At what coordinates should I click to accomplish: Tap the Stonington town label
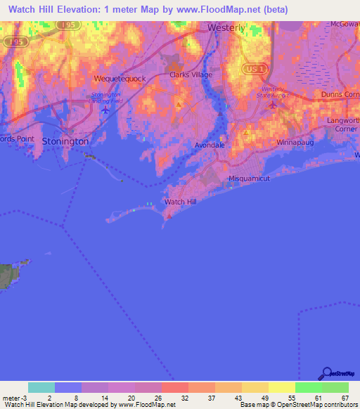coord(65,141)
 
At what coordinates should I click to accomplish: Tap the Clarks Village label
coord(191,74)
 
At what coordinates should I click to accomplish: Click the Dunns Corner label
coord(340,93)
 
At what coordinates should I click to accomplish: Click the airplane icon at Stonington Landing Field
coord(105,109)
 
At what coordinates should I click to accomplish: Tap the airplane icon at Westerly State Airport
coord(273,105)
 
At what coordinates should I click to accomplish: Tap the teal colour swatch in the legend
coord(41,387)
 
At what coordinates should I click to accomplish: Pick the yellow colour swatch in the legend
coord(281,387)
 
